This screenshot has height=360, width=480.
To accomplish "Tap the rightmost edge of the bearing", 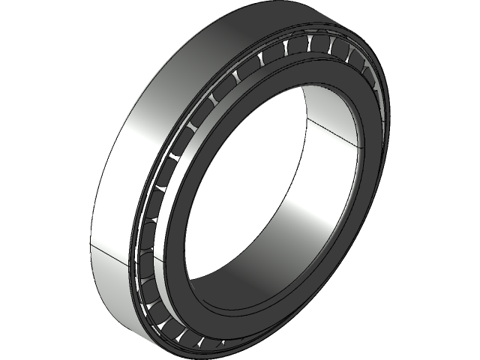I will click(x=385, y=112).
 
